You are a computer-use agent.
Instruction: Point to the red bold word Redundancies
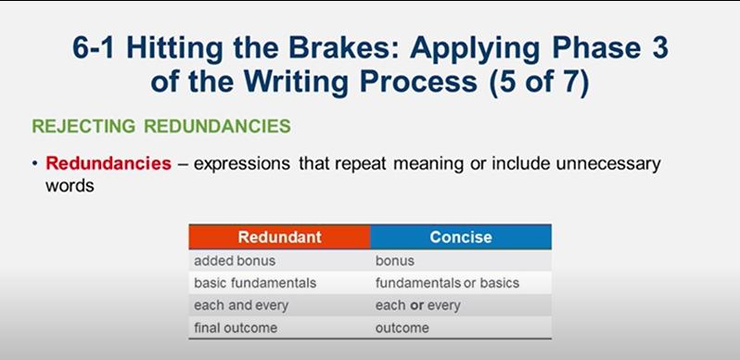pyautogui.click(x=108, y=163)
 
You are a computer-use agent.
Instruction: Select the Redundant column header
pyautogui.click(x=279, y=237)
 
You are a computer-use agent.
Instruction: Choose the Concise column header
pyautogui.click(x=461, y=237)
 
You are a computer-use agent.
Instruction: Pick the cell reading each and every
pyautogui.click(x=241, y=305)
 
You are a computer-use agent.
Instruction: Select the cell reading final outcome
pyautogui.click(x=236, y=328)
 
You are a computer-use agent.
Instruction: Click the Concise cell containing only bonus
pyautogui.click(x=394, y=261)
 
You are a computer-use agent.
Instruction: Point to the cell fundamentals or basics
pyautogui.click(x=447, y=282)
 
